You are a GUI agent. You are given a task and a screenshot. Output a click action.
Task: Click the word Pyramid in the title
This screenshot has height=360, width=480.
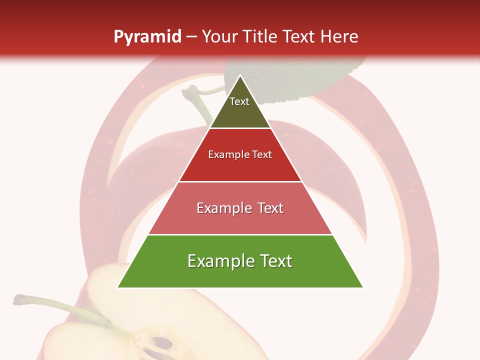(147, 37)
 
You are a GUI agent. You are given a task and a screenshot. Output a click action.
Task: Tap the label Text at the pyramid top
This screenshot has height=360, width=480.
(239, 101)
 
